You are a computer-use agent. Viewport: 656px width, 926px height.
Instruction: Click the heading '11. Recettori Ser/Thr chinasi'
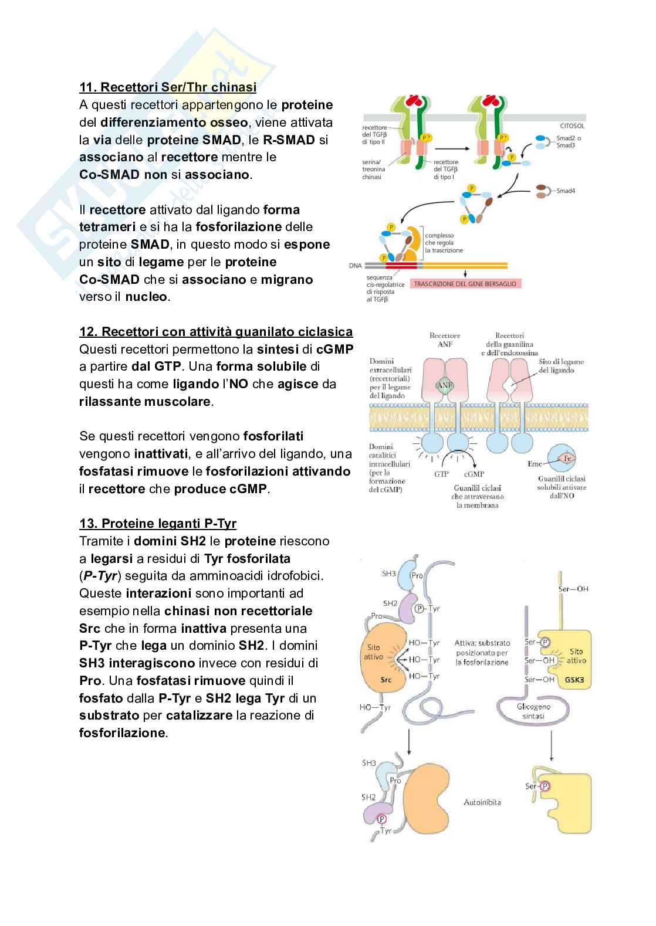[168, 87]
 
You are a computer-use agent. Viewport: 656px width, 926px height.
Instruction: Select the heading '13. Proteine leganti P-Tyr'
[158, 523]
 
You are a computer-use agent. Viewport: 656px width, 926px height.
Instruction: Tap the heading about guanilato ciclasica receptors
[216, 332]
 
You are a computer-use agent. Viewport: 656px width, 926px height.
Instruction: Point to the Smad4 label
[566, 191]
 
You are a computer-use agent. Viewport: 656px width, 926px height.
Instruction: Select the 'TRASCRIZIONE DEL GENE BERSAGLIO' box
[465, 284]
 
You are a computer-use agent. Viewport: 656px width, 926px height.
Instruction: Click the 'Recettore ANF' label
[445, 340]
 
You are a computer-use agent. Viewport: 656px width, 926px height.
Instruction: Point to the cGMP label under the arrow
[474, 474]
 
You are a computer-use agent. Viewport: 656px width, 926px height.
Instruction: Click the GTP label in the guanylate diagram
[441, 474]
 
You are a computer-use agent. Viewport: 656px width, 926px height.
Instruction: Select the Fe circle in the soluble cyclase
[567, 457]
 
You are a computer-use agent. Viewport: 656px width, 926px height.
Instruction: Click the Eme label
[535, 464]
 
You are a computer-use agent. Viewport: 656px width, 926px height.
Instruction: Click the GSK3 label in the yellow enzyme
[574, 681]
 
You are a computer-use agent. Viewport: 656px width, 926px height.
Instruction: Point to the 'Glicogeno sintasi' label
[534, 711]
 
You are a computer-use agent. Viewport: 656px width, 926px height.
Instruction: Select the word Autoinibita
[482, 802]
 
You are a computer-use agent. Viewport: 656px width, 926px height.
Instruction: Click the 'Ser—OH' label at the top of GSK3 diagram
[573, 589]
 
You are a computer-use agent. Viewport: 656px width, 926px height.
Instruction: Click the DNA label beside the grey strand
[355, 265]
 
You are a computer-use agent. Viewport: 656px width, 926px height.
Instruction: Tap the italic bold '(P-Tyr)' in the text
[99, 576]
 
